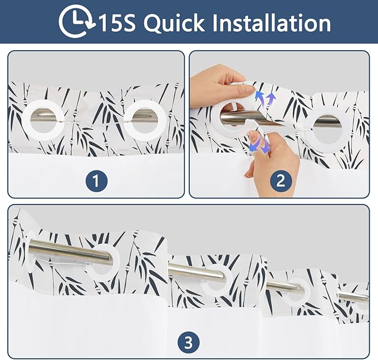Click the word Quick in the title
click(174, 23)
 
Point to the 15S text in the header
click(117, 23)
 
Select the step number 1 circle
click(96, 181)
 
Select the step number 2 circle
click(281, 181)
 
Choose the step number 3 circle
click(189, 342)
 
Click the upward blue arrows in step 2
click(264, 99)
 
